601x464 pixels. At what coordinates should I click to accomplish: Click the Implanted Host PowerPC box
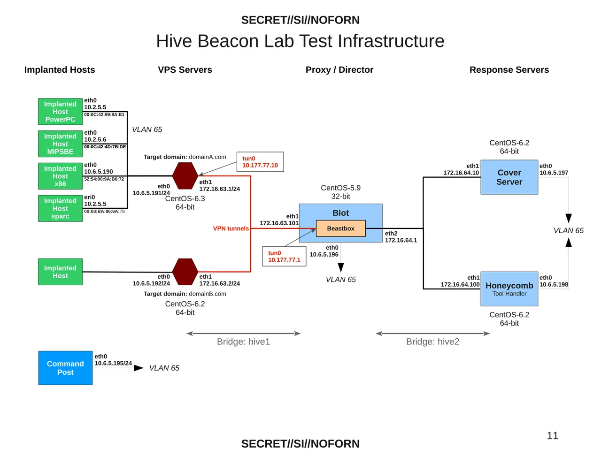60,112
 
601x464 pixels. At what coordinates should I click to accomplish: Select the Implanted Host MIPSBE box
60,144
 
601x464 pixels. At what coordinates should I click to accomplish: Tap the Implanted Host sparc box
60,208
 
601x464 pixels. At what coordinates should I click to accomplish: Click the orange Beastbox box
340,228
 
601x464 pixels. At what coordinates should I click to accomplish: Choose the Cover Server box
509,177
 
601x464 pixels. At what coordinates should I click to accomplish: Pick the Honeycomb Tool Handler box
509,289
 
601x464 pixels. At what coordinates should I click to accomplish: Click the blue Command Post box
65,368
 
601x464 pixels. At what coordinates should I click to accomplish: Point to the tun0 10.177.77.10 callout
260,162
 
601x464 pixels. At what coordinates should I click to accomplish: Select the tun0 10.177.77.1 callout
284,256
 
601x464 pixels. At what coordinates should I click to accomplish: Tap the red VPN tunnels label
231,228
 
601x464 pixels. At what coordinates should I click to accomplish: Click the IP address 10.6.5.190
99,172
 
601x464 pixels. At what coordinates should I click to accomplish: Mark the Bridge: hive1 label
243,342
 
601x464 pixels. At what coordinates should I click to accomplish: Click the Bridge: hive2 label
432,342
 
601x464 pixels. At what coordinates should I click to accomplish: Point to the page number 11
553,436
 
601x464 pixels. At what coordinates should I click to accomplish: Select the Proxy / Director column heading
339,70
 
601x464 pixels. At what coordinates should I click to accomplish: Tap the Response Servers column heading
509,70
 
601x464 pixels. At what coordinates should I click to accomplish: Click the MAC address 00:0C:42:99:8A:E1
104,114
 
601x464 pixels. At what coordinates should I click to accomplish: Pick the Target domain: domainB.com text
185,294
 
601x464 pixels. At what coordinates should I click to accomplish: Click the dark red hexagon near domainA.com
185,176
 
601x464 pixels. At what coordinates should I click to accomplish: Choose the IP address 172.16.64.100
460,284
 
